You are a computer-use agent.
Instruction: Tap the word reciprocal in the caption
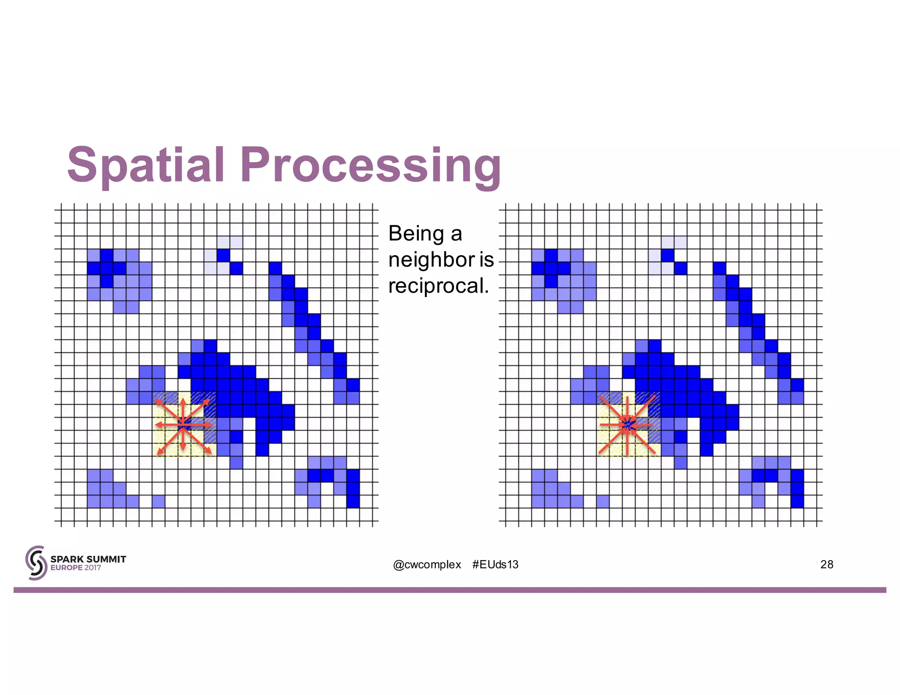pyautogui.click(x=438, y=286)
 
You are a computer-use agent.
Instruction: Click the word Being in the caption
pyautogui.click(x=416, y=233)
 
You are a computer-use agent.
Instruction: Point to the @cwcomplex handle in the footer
pyautogui.click(x=427, y=565)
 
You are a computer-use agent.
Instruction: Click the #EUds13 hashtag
pyautogui.click(x=495, y=565)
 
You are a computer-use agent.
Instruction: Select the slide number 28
pyautogui.click(x=827, y=565)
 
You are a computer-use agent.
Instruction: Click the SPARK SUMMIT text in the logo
pyautogui.click(x=88, y=559)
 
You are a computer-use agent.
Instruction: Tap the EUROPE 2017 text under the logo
pyautogui.click(x=76, y=568)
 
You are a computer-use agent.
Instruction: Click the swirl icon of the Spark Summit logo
pyautogui.click(x=36, y=563)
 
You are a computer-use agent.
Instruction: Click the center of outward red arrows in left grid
pyautogui.click(x=183, y=424)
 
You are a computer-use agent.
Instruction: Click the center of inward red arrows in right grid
pyautogui.click(x=628, y=424)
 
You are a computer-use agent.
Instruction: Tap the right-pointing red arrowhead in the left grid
pyautogui.click(x=209, y=425)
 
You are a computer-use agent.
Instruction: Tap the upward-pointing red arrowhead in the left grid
pyautogui.click(x=183, y=401)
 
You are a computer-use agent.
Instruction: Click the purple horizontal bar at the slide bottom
pyautogui.click(x=450, y=590)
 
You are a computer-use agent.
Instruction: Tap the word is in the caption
pyautogui.click(x=486, y=260)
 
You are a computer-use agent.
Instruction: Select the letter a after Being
pyautogui.click(x=456, y=233)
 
